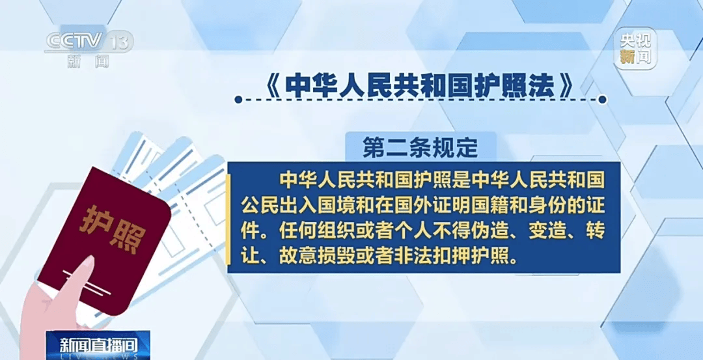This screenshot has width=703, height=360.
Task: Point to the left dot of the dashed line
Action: click(x=238, y=100)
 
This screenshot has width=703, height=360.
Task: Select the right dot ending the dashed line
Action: click(x=603, y=100)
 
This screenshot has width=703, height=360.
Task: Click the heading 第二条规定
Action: click(x=420, y=147)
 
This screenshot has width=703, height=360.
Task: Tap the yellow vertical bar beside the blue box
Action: click(x=228, y=219)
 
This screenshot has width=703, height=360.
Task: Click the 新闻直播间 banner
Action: click(x=99, y=346)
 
